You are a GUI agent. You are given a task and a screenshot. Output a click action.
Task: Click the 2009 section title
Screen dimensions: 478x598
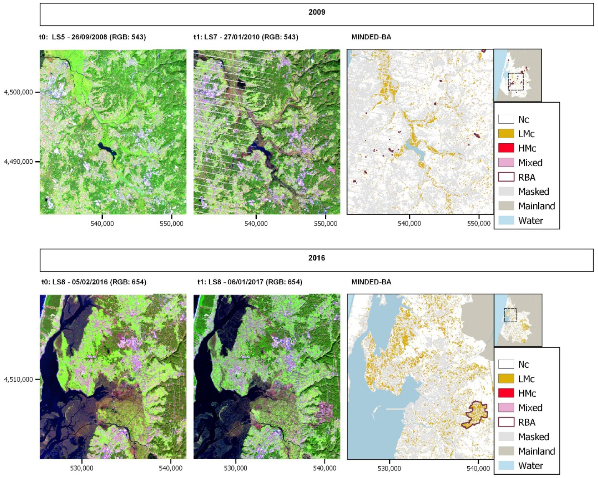pyautogui.click(x=317, y=13)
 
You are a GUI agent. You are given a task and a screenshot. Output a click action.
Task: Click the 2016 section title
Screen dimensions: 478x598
pyautogui.click(x=317, y=258)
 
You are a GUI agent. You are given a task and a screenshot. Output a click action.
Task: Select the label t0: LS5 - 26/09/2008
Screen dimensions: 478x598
pyautogui.click(x=92, y=37)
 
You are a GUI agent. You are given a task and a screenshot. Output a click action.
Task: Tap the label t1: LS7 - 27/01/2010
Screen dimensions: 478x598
pyautogui.click(x=246, y=37)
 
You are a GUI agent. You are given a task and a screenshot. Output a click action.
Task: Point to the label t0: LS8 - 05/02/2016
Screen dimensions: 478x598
pyautogui.click(x=94, y=282)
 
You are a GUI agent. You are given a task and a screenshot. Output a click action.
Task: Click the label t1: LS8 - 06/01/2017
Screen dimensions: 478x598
pyautogui.click(x=249, y=282)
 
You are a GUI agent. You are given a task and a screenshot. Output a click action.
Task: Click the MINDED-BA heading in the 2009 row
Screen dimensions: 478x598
pyautogui.click(x=371, y=37)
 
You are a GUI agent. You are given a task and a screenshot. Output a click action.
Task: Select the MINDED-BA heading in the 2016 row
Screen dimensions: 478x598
pyautogui.click(x=371, y=282)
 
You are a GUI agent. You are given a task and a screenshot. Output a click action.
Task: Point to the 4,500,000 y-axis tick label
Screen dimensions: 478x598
pyautogui.click(x=19, y=92)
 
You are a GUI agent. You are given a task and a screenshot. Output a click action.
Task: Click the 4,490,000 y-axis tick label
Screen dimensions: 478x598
pyautogui.click(x=19, y=162)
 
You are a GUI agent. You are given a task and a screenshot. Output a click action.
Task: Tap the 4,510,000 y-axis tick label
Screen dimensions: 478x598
pyautogui.click(x=19, y=379)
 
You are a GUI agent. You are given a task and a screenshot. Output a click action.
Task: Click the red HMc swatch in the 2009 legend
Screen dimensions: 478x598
pyautogui.click(x=506, y=148)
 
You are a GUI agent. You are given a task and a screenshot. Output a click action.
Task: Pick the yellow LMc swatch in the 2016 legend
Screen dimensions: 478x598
pyautogui.click(x=506, y=379)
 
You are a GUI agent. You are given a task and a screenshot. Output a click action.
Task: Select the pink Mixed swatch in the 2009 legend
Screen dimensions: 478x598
pyautogui.click(x=506, y=163)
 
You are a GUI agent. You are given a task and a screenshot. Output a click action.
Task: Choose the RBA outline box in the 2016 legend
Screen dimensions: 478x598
pyautogui.click(x=506, y=422)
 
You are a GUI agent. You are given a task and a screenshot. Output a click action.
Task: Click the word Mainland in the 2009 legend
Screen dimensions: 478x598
pyautogui.click(x=536, y=206)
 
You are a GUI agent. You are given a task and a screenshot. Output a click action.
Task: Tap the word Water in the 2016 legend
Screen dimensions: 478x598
pyautogui.click(x=530, y=465)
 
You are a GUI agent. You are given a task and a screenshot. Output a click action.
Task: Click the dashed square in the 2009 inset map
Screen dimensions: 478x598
pyautogui.click(x=516, y=81)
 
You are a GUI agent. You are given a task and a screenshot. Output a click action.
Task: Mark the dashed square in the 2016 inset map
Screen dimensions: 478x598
pyautogui.click(x=510, y=315)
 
